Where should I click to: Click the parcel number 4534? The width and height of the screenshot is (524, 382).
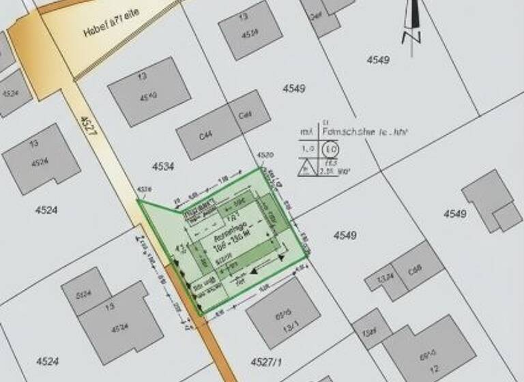tap(162, 166)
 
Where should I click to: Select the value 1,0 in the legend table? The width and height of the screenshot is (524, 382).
tap(308, 147)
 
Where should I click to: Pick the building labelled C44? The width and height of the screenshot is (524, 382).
tap(205, 135)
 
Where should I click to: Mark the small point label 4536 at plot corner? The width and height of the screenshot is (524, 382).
tap(143, 189)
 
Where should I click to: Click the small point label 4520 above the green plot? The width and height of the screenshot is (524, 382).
tap(265, 156)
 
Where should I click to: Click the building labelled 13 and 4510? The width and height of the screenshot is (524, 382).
tap(149, 91)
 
